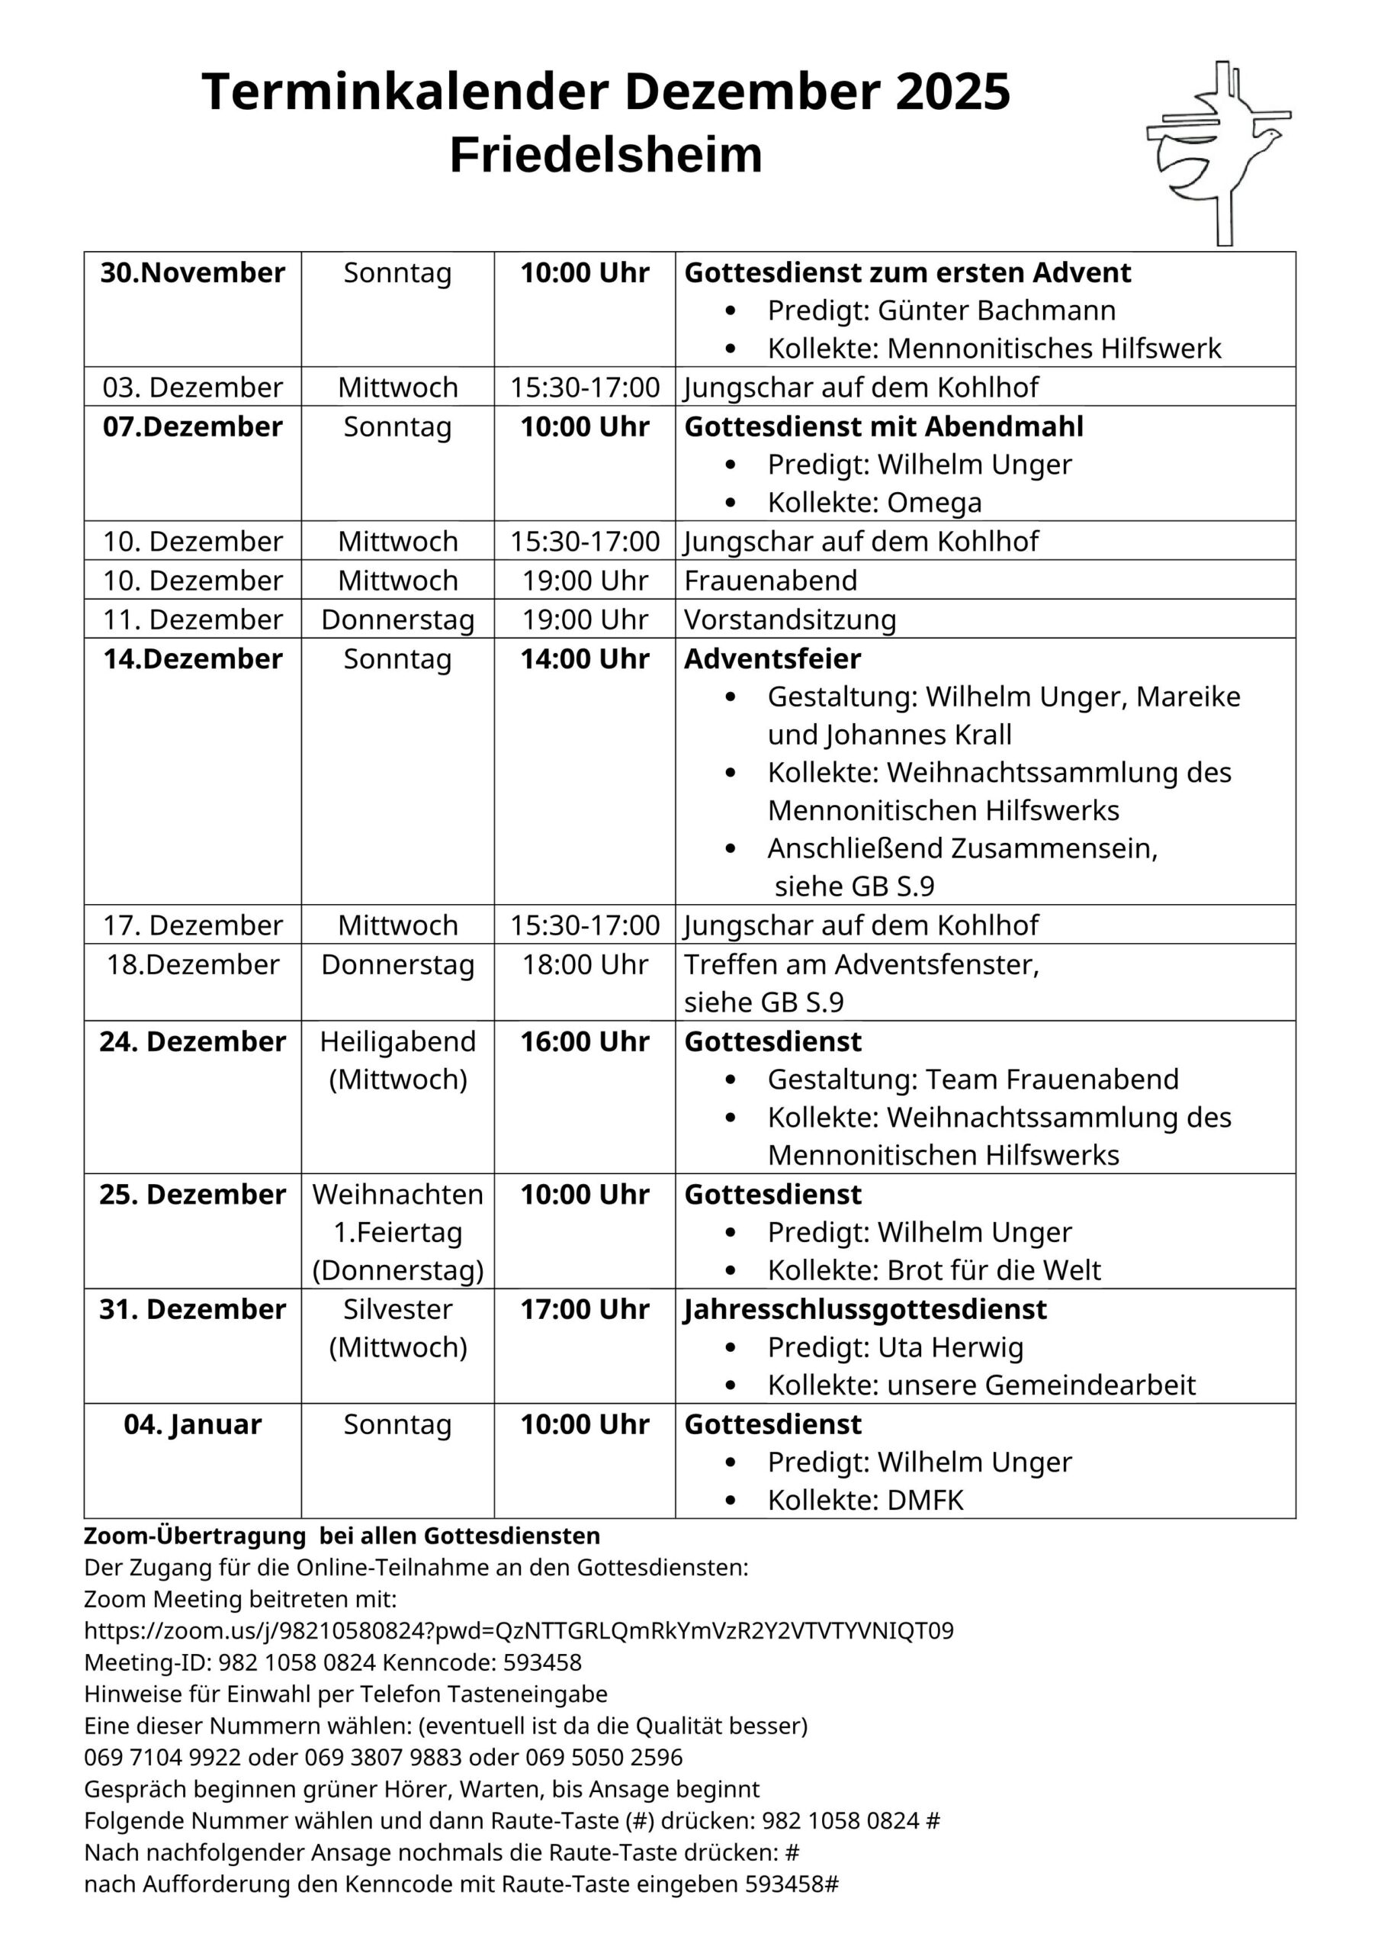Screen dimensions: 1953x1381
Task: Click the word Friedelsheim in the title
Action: (x=605, y=155)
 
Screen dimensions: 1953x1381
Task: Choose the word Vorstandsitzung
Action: (x=790, y=619)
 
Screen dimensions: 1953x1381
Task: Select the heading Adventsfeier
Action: (x=772, y=658)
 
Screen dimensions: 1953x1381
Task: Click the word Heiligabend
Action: (x=397, y=1041)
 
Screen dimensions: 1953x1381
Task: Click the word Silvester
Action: (x=397, y=1309)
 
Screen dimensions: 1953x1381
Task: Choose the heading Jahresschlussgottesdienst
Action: (x=865, y=1309)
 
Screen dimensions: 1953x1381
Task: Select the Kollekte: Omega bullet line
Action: (x=874, y=503)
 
